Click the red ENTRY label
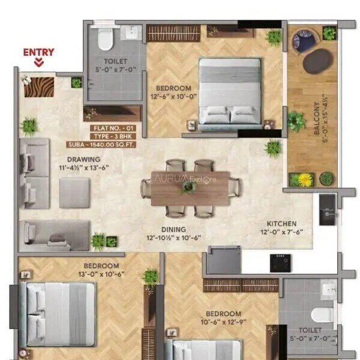tap(39, 52)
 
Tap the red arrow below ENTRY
tap(39, 62)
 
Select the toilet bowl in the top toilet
tap(106, 40)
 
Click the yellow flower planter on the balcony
tap(305, 179)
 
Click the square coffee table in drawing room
tap(74, 193)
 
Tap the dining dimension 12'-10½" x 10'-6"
tap(174, 238)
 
